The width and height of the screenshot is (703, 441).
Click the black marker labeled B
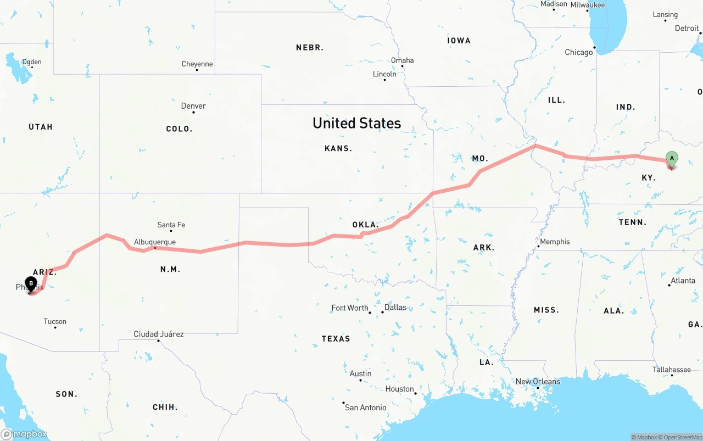pos(31,284)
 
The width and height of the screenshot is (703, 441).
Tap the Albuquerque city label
pos(155,242)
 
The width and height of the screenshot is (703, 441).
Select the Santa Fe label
pos(171,225)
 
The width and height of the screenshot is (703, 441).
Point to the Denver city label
pos(193,106)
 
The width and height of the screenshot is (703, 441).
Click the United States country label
pos(356,123)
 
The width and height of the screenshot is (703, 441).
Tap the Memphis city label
pos(555,242)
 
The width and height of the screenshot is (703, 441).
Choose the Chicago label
pos(579,52)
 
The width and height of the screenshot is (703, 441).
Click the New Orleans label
pos(538,382)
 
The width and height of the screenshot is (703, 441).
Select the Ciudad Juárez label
pos(159,334)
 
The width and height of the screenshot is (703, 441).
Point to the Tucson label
pos(55,322)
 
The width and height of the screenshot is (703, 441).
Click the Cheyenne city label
pos(197,64)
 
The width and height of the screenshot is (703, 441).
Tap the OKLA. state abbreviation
pos(365,225)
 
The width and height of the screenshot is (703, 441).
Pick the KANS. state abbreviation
pos(338,148)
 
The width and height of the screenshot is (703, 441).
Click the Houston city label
pos(399,389)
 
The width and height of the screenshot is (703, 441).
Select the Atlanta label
pos(683,281)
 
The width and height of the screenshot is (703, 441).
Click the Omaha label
pos(403,60)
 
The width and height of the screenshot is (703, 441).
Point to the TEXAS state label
pos(336,339)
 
